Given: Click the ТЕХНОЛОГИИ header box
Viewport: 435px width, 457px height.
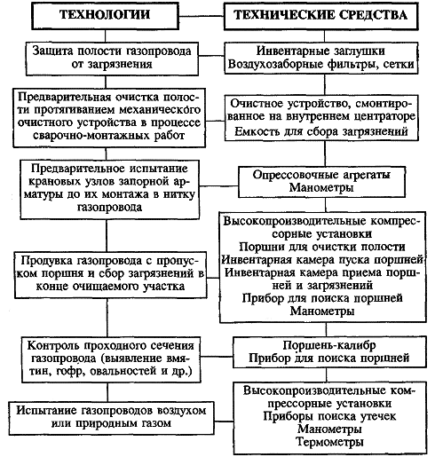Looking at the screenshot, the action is tap(105, 16).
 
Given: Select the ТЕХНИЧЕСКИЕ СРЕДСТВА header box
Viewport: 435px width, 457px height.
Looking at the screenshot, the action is tap(321, 16).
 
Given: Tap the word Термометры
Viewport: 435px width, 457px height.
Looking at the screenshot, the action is tap(329, 442).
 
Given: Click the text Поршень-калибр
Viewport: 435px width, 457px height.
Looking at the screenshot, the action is tap(329, 345).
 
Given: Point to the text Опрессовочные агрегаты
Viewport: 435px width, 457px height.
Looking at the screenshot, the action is tap(321, 175).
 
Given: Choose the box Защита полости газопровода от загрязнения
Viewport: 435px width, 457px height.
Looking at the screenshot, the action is tap(112, 59).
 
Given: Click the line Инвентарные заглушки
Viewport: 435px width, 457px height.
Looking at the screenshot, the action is tap(320, 51).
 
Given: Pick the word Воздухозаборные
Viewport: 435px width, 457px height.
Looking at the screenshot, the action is tap(275, 64).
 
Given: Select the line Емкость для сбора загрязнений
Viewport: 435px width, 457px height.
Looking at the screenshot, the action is tap(321, 131).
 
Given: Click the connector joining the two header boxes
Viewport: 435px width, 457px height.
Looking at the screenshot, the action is tap(202, 16).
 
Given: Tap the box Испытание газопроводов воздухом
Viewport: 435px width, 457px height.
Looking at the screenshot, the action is tap(111, 418).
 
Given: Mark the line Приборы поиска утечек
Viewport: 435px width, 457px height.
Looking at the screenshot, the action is tap(329, 416).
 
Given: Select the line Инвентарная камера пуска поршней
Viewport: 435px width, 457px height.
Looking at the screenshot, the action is tap(322, 259).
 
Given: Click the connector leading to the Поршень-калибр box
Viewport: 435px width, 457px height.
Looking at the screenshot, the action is tap(217, 357).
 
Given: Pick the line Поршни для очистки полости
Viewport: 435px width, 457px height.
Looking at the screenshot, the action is tap(322, 247).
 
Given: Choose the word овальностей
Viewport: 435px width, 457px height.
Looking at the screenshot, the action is tap(123, 371).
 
